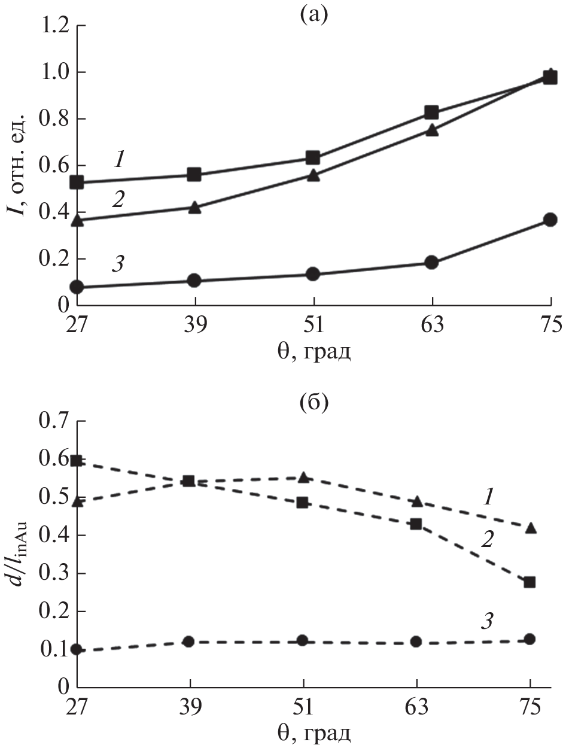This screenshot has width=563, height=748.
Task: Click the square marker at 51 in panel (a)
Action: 312,158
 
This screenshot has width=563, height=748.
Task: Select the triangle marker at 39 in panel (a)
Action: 194,208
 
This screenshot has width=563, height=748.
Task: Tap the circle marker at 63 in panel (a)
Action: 431,262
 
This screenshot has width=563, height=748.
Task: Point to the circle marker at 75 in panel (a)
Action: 550,220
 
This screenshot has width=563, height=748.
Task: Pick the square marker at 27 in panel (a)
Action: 77,182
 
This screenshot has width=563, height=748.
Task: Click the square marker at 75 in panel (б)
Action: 529,582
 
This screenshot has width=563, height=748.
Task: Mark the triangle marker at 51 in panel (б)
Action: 303,477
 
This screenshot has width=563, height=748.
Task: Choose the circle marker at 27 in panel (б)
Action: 77,649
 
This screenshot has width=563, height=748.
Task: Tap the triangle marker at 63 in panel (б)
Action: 416,501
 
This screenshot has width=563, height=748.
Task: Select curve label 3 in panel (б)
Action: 487,621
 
